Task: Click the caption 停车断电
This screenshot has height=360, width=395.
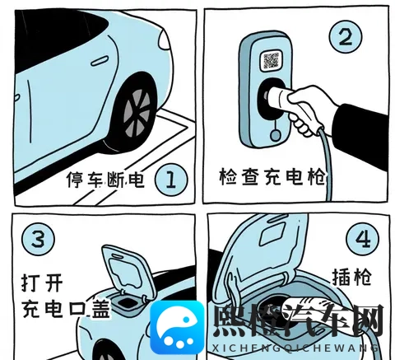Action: [x=105, y=180]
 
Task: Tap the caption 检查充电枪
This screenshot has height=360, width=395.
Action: [x=272, y=177]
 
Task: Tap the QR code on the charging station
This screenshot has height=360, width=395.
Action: [x=272, y=60]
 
